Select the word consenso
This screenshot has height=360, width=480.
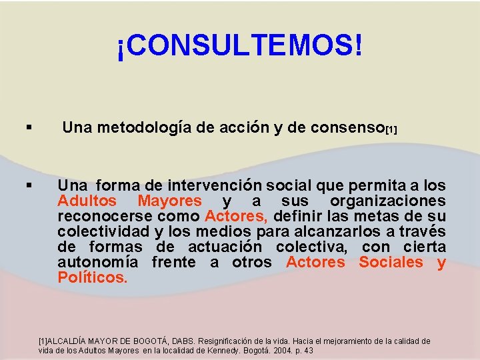pos(343,129)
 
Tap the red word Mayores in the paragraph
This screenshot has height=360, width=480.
pos(169,201)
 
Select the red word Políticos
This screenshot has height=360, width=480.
pos(92,277)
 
